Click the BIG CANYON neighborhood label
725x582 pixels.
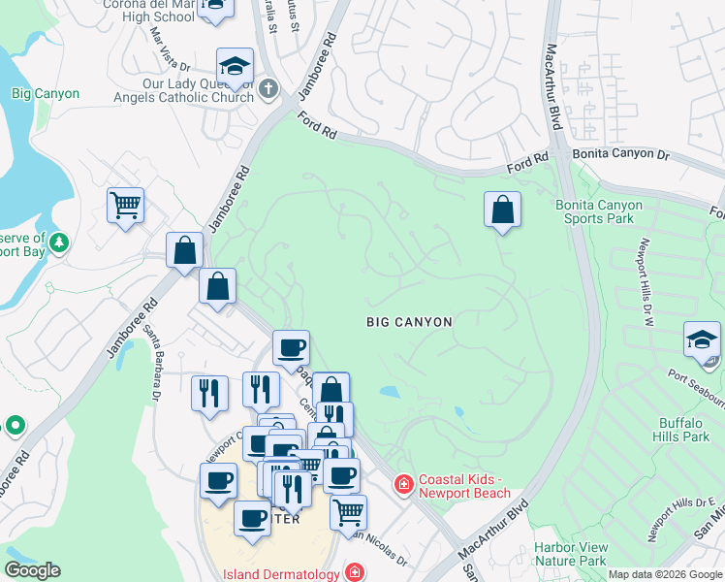click(409, 320)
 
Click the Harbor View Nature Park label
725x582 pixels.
click(570, 554)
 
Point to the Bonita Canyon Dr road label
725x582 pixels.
click(621, 154)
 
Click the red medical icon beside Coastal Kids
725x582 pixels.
click(402, 482)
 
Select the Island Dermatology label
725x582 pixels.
click(281, 573)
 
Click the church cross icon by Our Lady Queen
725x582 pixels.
click(268, 90)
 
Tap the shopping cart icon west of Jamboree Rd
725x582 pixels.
click(125, 206)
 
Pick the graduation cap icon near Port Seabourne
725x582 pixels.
click(702, 340)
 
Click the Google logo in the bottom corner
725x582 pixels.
click(32, 570)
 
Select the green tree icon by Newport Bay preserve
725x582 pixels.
click(59, 241)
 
